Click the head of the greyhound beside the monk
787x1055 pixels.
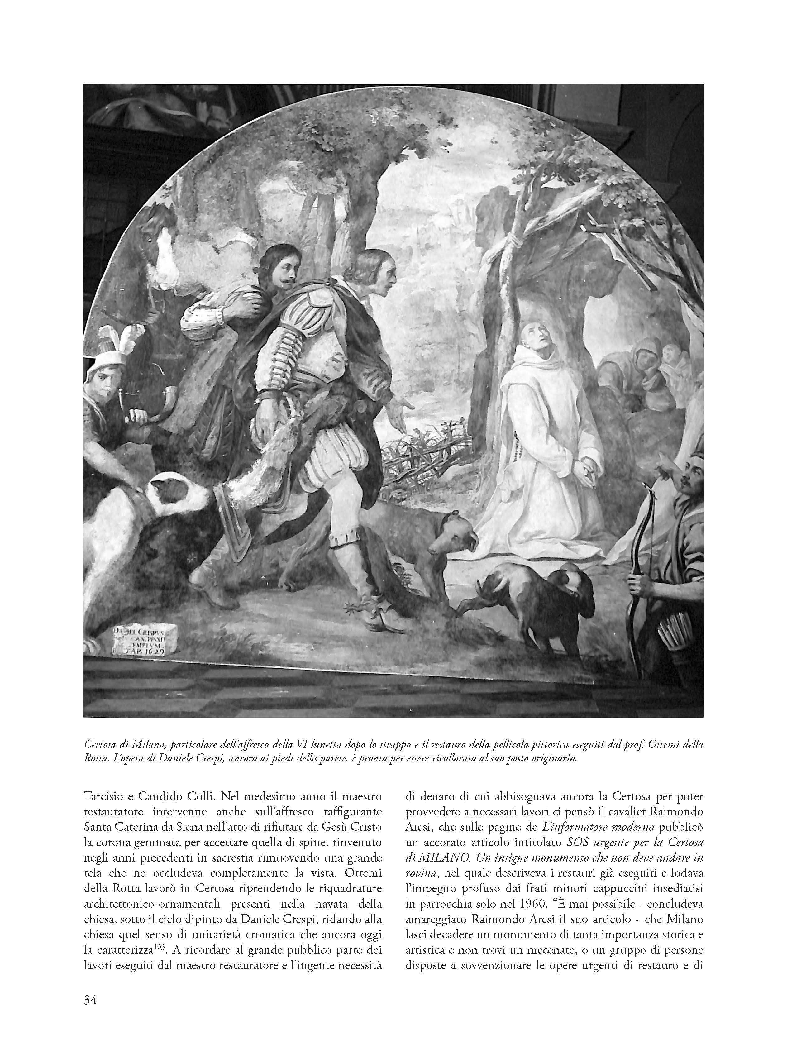pyautogui.click(x=451, y=536)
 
